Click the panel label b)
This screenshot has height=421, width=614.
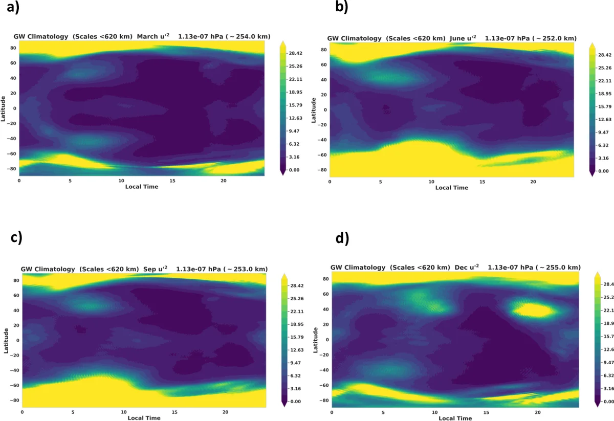pos(342,7)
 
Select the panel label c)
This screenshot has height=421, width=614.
pos(16,239)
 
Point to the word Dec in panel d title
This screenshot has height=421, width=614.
pos(462,267)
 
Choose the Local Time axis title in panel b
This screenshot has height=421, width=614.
pos(451,188)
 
